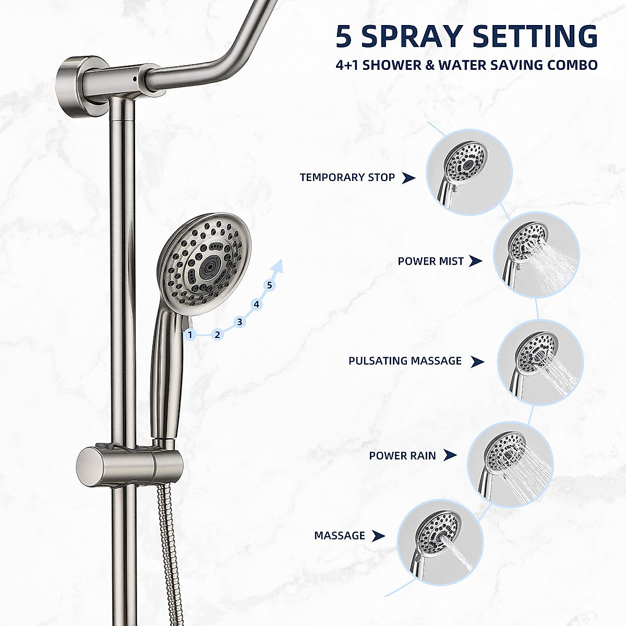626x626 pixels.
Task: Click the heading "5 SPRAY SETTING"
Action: (466, 37)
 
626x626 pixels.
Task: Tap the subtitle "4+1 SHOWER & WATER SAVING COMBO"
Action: (466, 65)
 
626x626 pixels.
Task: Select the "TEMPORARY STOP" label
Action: (347, 177)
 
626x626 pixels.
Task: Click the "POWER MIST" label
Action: (430, 261)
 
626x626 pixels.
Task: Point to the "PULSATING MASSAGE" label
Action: (405, 361)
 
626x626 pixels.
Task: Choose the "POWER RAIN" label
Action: (402, 455)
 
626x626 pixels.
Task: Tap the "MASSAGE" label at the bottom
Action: (340, 536)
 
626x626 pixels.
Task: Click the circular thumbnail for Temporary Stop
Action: (469, 172)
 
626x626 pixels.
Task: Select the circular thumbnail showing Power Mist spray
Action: (536, 255)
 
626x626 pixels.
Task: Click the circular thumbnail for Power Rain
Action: (510, 464)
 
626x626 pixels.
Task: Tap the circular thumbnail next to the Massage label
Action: (440, 541)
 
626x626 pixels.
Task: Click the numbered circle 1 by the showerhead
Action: (190, 334)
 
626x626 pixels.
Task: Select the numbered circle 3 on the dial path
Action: (239, 322)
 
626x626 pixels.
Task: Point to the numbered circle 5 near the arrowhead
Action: (269, 285)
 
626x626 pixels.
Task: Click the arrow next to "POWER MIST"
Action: (475, 261)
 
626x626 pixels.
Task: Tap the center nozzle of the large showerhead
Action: (210, 266)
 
